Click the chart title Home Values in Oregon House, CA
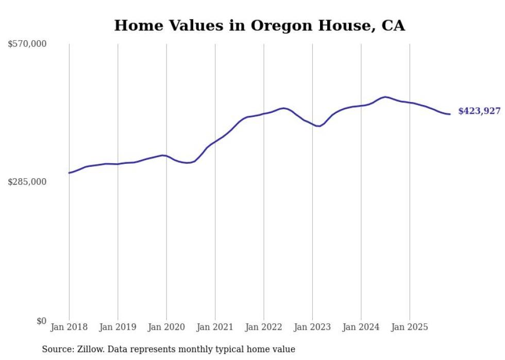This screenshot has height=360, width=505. coord(259,26)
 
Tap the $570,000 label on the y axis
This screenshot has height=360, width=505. coord(27,44)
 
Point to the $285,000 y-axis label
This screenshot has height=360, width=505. coord(27,182)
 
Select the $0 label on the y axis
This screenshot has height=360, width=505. coord(41,321)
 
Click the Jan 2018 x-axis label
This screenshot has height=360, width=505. coord(69,327)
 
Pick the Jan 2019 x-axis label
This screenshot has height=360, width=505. coord(117,327)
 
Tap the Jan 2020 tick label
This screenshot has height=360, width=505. coord(166,327)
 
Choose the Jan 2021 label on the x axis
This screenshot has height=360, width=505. coord(215,327)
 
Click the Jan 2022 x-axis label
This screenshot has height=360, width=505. coord(264,327)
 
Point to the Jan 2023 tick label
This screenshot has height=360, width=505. coord(312,327)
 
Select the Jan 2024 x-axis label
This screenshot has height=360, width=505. coord(361,327)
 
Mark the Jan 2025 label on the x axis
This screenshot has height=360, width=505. coord(410,327)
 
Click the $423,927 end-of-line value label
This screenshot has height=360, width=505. coord(479,111)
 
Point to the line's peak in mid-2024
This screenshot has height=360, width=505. coord(384,97)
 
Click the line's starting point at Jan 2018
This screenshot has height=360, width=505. coord(69,173)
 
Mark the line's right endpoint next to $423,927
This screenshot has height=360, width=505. coord(450,114)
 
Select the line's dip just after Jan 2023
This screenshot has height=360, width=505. coord(319,126)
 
